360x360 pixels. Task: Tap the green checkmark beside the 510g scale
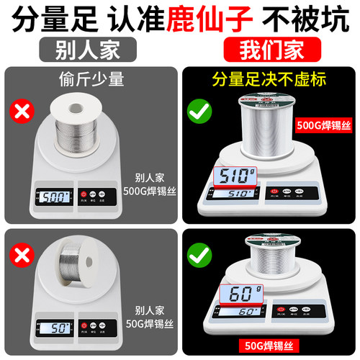pyautogui.click(x=197, y=112)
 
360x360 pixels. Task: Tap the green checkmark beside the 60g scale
pyautogui.click(x=197, y=255)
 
